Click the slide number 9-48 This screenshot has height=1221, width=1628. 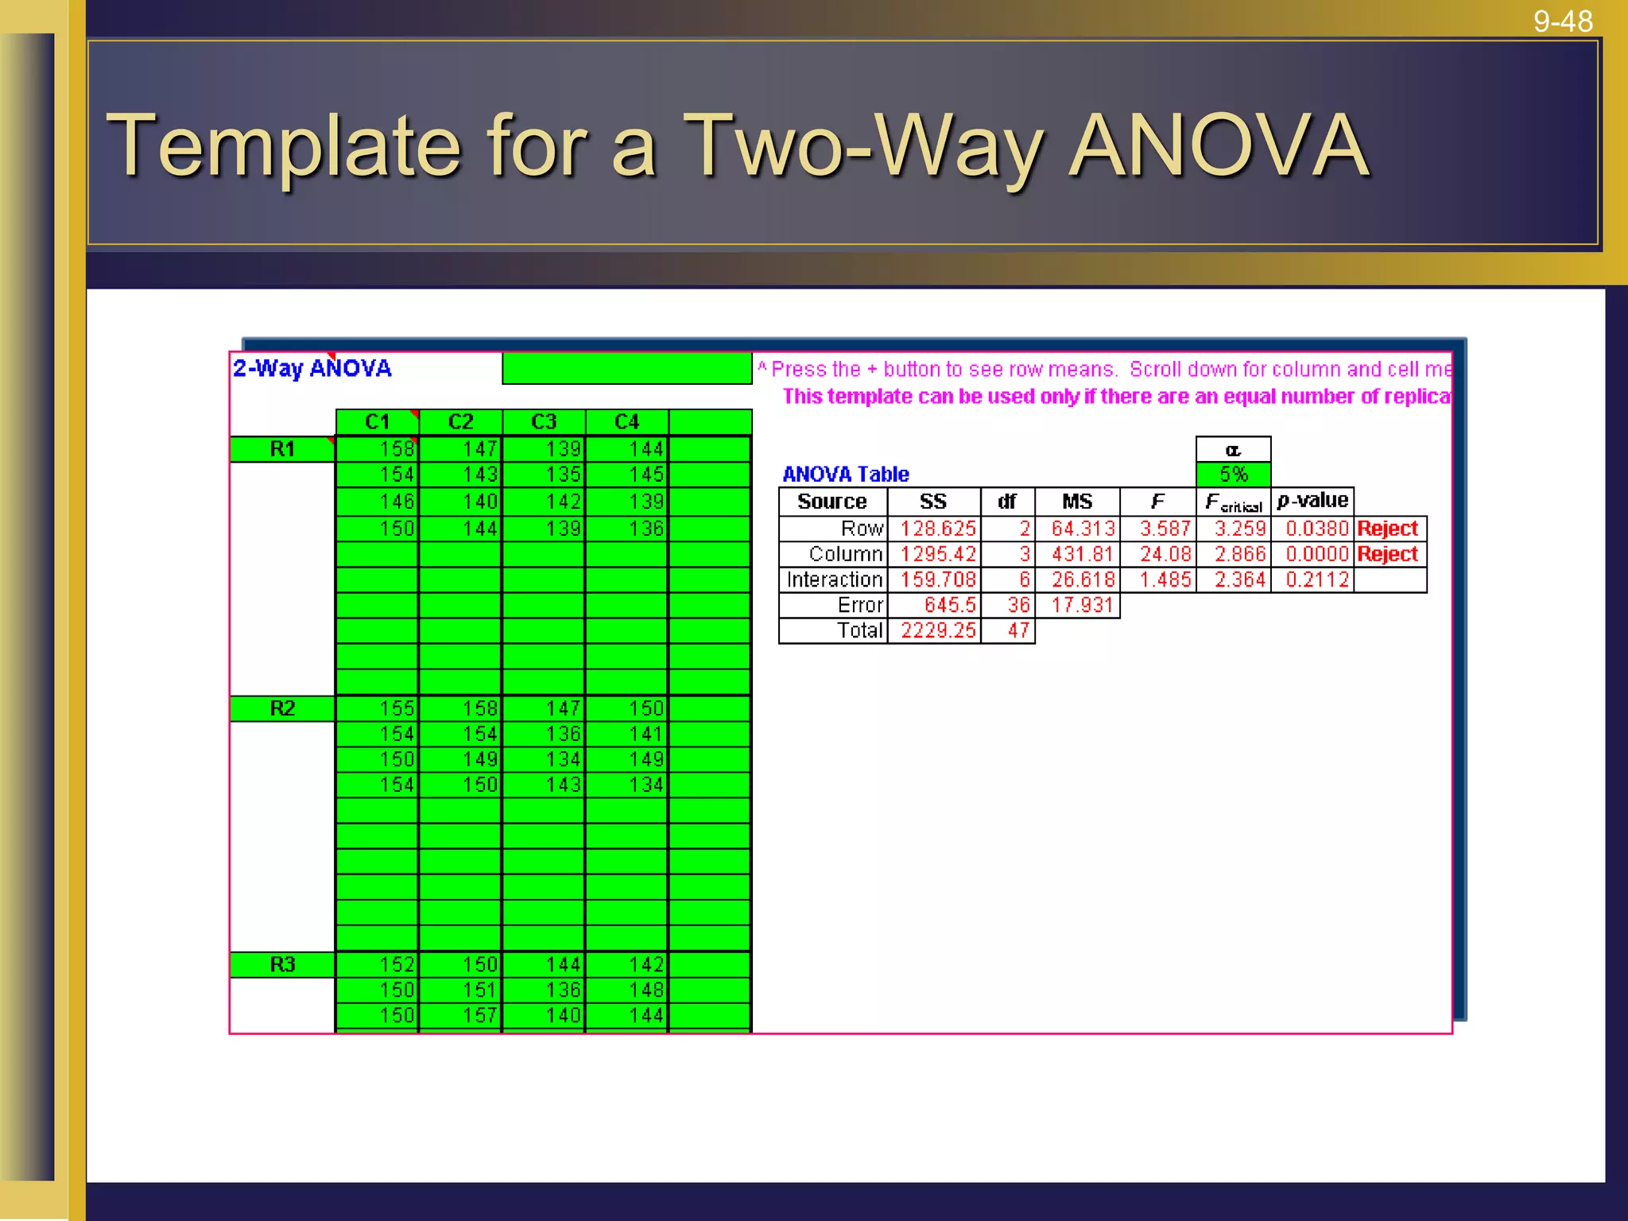pos(1562,21)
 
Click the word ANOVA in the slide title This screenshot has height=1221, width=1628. pos(1219,145)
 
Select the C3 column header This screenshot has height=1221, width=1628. pos(544,421)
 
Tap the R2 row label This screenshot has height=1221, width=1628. pos(282,708)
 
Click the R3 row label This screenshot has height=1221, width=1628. pos(282,964)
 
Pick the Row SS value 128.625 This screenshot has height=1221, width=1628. pos(937,529)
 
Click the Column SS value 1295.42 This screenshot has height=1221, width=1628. pos(937,554)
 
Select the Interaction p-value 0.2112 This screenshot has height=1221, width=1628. pos(1316,579)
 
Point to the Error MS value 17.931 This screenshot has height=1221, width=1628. pos(1082,605)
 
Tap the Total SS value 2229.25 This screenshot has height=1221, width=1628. pos(937,630)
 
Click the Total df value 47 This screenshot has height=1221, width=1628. pos(1018,630)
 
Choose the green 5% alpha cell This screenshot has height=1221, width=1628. pos(1233,475)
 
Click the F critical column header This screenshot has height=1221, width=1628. pos(1233,502)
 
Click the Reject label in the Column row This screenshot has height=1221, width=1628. pos(1387,554)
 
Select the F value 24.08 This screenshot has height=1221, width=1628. pos(1165,554)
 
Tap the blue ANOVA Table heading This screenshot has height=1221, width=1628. pos(845,475)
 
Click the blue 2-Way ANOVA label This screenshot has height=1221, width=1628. pos(312,369)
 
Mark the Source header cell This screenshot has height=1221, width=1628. pos(831,502)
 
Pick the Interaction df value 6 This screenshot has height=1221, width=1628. pos(1024,579)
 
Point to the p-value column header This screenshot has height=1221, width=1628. pos(1312,501)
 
